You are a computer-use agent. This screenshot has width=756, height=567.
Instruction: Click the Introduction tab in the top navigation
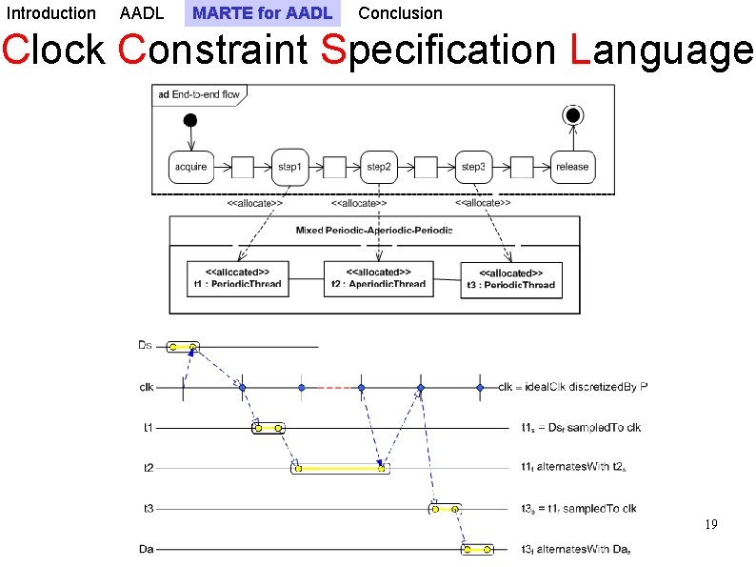51,13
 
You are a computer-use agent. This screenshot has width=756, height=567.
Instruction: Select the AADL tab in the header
142,13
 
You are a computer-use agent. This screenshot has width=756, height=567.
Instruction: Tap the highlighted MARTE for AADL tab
262,13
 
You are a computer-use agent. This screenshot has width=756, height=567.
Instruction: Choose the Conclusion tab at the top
400,13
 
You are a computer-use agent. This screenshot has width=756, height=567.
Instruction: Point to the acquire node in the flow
190,167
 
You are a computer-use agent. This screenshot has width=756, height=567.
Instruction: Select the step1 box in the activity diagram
289,167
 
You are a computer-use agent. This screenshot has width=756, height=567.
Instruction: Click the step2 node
379,167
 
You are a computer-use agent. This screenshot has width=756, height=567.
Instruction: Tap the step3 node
473,167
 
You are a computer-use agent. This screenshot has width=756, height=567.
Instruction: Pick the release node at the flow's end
572,167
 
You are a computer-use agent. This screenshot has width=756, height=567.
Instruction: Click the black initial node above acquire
190,120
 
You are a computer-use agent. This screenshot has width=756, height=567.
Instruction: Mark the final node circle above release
572,115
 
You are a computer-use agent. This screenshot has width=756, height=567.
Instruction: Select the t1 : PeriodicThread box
237,278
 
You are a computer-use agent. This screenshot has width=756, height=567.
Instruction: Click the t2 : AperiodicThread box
378,278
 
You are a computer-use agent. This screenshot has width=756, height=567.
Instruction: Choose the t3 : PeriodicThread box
511,279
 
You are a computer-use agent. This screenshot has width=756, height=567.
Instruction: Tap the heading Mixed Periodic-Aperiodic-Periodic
374,231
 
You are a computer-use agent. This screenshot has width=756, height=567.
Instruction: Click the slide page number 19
710,525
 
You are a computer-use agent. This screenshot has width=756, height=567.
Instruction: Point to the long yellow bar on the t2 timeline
340,468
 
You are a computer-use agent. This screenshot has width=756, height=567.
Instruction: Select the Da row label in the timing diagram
146,549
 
